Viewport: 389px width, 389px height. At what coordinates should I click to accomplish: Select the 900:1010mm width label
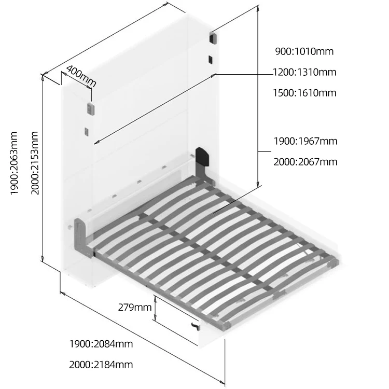(304, 51)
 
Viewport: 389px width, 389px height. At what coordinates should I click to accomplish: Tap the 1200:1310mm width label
(304, 72)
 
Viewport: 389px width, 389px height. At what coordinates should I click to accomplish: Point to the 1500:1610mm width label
(304, 93)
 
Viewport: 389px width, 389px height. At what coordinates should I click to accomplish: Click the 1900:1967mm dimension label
(305, 141)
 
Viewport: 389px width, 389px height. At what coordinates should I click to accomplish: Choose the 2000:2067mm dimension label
(305, 162)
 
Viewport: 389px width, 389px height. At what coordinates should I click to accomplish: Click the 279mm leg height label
(135, 307)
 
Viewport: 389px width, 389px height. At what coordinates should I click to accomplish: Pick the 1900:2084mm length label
(101, 344)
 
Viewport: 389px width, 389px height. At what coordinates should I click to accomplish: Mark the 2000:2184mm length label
(101, 365)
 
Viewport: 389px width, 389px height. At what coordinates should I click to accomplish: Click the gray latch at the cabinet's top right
(213, 38)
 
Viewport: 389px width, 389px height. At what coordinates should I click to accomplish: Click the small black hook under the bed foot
(196, 326)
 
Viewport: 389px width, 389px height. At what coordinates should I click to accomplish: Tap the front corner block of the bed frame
(226, 325)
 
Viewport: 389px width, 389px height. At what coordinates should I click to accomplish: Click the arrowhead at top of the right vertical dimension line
(258, 7)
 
